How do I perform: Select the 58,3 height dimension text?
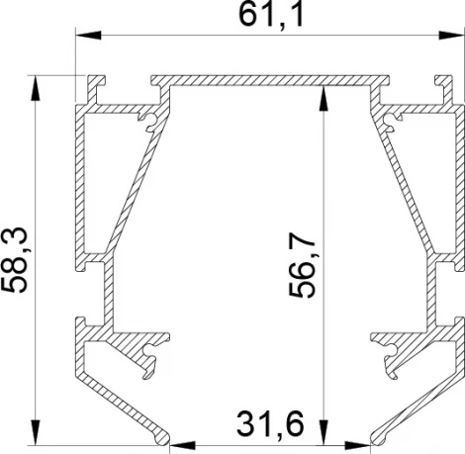click(17, 259)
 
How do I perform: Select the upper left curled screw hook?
click(149, 121)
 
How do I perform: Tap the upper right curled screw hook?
click(393, 121)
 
